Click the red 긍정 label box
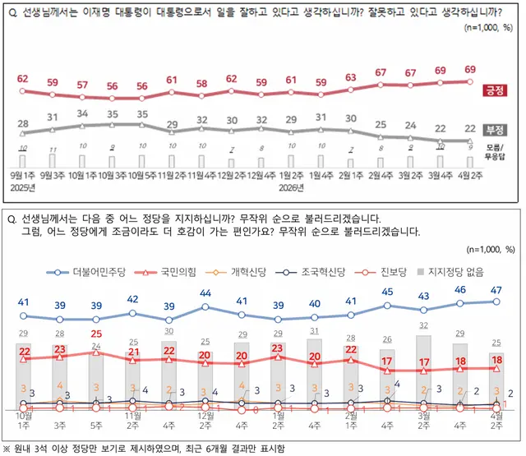click(x=496, y=90)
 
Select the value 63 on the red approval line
click(x=351, y=78)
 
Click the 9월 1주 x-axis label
click(x=22, y=175)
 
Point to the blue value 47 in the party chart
click(x=496, y=290)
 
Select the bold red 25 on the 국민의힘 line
click(x=96, y=334)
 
